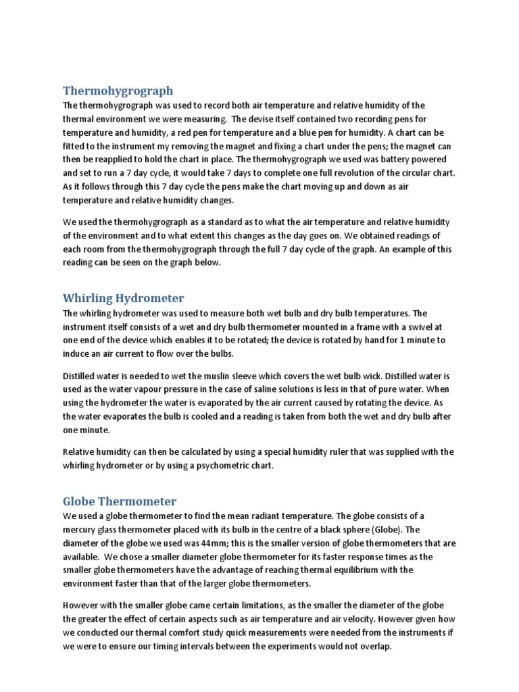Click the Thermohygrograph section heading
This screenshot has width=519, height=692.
click(118, 91)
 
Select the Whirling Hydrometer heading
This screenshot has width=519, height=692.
click(123, 298)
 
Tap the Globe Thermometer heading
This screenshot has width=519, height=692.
click(120, 501)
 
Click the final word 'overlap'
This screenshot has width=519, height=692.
click(372, 645)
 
